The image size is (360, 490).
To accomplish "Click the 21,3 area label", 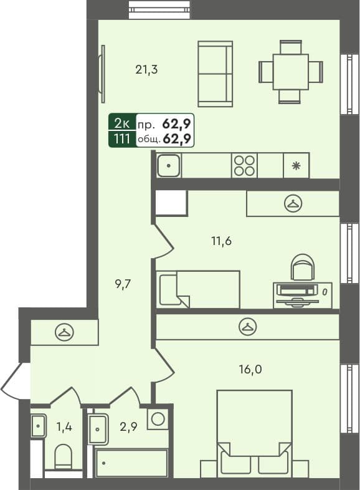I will point(146,70).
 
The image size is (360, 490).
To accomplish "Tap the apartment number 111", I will point(121,138).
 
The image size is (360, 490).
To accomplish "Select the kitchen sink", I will point(169,166).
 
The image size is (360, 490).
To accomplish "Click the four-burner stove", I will point(244,166).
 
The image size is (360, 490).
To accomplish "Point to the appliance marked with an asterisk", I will point(296,166).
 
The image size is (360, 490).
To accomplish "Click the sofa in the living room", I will point(215,74).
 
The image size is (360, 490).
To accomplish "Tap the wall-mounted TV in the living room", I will point(102,74).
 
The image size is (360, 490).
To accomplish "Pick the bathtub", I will point(131,463).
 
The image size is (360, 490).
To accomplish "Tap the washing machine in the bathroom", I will point(158,418).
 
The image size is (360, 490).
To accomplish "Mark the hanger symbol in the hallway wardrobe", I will point(64,332).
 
